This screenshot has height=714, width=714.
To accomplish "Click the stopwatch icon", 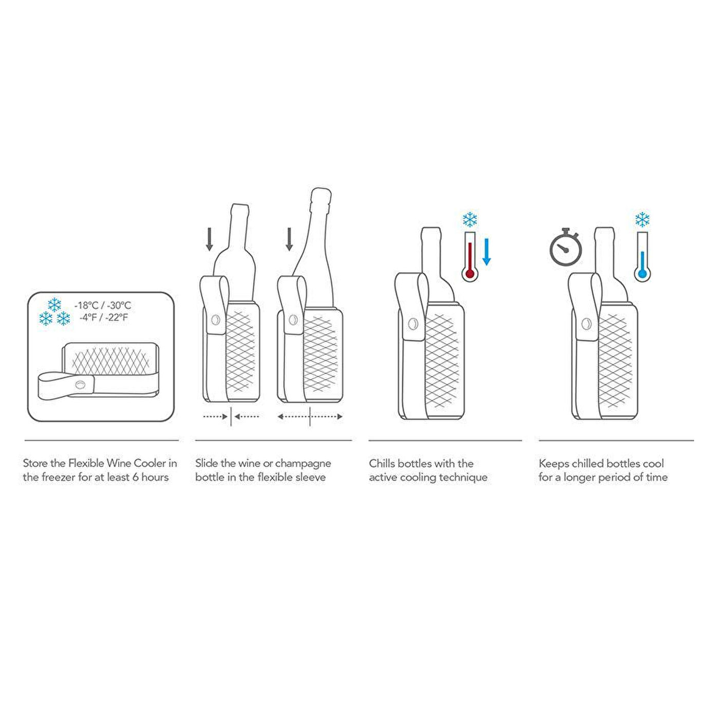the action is [x=565, y=247].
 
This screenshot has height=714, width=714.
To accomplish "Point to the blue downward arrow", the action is [x=487, y=252].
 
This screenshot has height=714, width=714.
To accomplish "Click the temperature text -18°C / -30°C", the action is [x=103, y=305].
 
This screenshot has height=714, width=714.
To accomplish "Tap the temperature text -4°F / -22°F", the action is [x=103, y=317].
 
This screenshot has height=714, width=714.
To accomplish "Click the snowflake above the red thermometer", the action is [x=470, y=219].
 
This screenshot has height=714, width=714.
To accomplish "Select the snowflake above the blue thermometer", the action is [x=643, y=219].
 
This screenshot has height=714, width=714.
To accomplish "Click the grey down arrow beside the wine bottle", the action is [x=210, y=239].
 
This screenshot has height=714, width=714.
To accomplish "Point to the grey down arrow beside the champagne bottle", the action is [x=289, y=239].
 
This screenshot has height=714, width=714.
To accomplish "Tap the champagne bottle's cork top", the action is [x=322, y=196].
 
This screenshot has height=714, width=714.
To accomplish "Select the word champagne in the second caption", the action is [x=303, y=463].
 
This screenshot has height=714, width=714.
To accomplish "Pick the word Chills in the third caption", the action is [x=382, y=463].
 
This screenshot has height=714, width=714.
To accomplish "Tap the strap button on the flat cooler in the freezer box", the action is [x=80, y=385].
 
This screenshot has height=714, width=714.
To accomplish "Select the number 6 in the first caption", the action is [x=136, y=477].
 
